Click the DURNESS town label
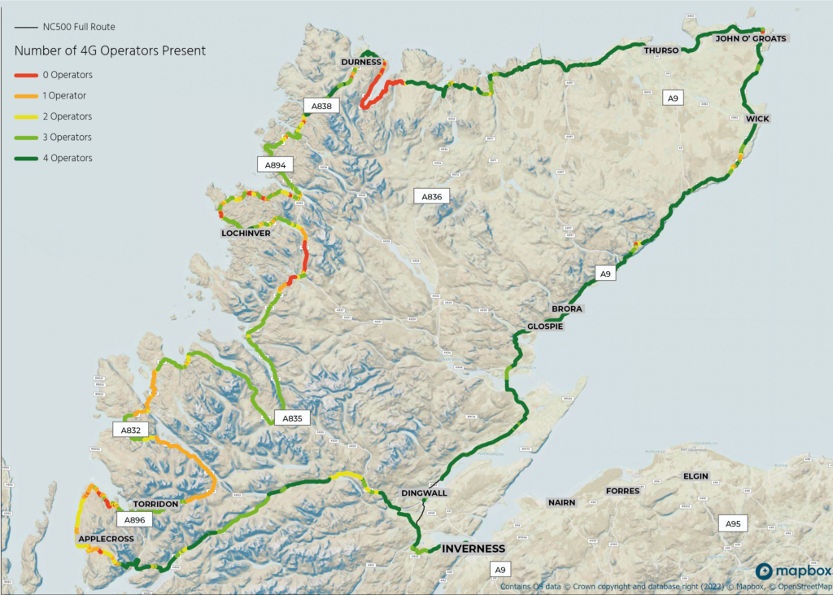pyautogui.click(x=361, y=62)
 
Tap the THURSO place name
pyautogui.click(x=661, y=50)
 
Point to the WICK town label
pyautogui.click(x=757, y=119)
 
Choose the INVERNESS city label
pyautogui.click(x=473, y=549)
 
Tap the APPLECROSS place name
pyautogui.click(x=106, y=540)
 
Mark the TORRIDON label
pyautogui.click(x=155, y=505)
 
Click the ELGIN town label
pyautogui.click(x=696, y=476)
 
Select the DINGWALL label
pyautogui.click(x=425, y=493)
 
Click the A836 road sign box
pyautogui.click(x=431, y=196)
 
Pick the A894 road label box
pyautogui.click(x=277, y=164)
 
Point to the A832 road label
pyautogui.click(x=131, y=430)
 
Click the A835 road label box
pyautogui.click(x=292, y=418)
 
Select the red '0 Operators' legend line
pyautogui.click(x=26, y=75)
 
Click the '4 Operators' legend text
pyautogui.click(x=68, y=158)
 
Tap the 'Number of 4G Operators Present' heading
pyautogui.click(x=110, y=50)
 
